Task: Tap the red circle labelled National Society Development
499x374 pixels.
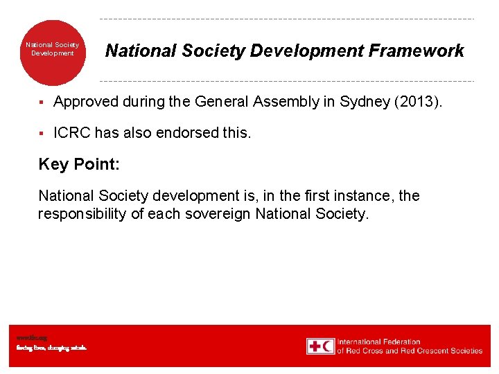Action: (x=53, y=52)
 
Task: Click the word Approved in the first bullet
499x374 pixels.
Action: (x=87, y=102)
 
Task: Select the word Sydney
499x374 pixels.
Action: (x=365, y=102)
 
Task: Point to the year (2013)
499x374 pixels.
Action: (x=417, y=102)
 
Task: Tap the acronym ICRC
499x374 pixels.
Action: (x=71, y=132)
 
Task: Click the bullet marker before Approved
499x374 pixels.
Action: (x=42, y=103)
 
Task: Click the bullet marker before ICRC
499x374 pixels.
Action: (x=42, y=133)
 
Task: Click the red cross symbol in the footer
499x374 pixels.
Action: (x=314, y=346)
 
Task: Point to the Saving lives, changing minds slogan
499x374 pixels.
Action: (x=51, y=348)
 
